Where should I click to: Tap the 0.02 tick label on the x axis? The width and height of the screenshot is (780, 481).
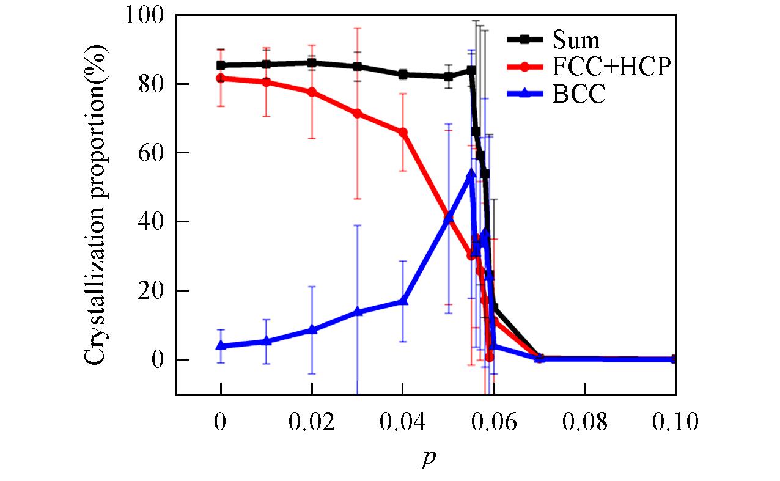[x=312, y=422]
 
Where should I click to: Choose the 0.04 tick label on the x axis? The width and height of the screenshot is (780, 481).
[x=403, y=422]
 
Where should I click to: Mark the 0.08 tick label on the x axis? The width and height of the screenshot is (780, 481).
[x=585, y=422]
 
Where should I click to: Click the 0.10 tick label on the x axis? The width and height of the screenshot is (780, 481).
[x=674, y=422]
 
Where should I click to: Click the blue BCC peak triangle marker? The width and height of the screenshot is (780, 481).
[x=471, y=174]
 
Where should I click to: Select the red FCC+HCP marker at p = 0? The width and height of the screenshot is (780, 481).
[x=221, y=78]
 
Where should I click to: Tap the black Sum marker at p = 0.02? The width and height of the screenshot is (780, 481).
[x=312, y=62]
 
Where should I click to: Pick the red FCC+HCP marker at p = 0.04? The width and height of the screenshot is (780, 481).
[x=403, y=132]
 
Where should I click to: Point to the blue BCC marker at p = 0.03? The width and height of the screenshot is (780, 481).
[x=358, y=312]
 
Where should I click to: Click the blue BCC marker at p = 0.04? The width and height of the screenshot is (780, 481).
[x=403, y=301]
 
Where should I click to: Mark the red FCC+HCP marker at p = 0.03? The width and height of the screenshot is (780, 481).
[x=358, y=113]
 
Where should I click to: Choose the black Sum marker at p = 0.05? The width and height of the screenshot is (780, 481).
[x=449, y=76]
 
